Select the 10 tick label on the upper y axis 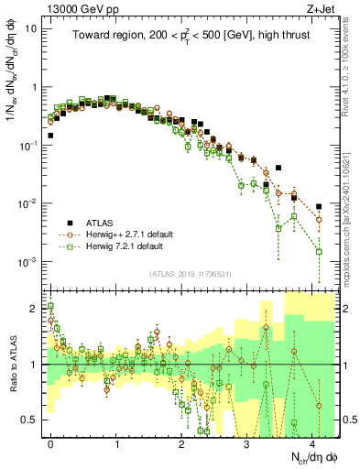(x=31, y=27)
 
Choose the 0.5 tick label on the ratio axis (x=30, y=419)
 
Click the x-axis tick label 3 (x=246, y=442)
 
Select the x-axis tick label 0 (x=50, y=442)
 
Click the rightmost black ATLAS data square (x=319, y=207)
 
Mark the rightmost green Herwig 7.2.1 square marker (x=319, y=251)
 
